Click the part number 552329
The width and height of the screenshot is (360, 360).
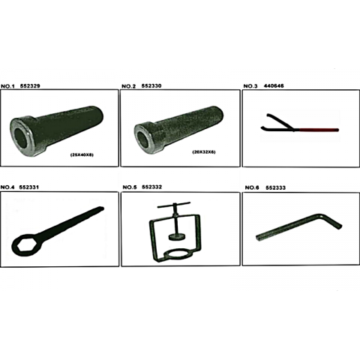point(30,86)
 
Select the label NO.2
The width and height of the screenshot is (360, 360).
point(128,86)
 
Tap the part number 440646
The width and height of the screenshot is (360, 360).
point(274,86)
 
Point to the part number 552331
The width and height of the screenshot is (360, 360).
point(29,187)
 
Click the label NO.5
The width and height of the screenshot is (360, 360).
point(130,187)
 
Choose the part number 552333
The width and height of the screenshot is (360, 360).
point(275,187)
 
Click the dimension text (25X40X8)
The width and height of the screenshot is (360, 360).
point(82,155)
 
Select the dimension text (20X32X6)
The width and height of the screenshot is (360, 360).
point(204,152)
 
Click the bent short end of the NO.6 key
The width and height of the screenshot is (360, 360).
point(333,221)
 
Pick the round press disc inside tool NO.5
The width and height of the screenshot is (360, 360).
point(176,237)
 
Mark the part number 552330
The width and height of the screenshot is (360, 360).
point(151,86)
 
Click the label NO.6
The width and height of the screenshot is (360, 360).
point(252,187)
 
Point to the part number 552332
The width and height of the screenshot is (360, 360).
point(151,187)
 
